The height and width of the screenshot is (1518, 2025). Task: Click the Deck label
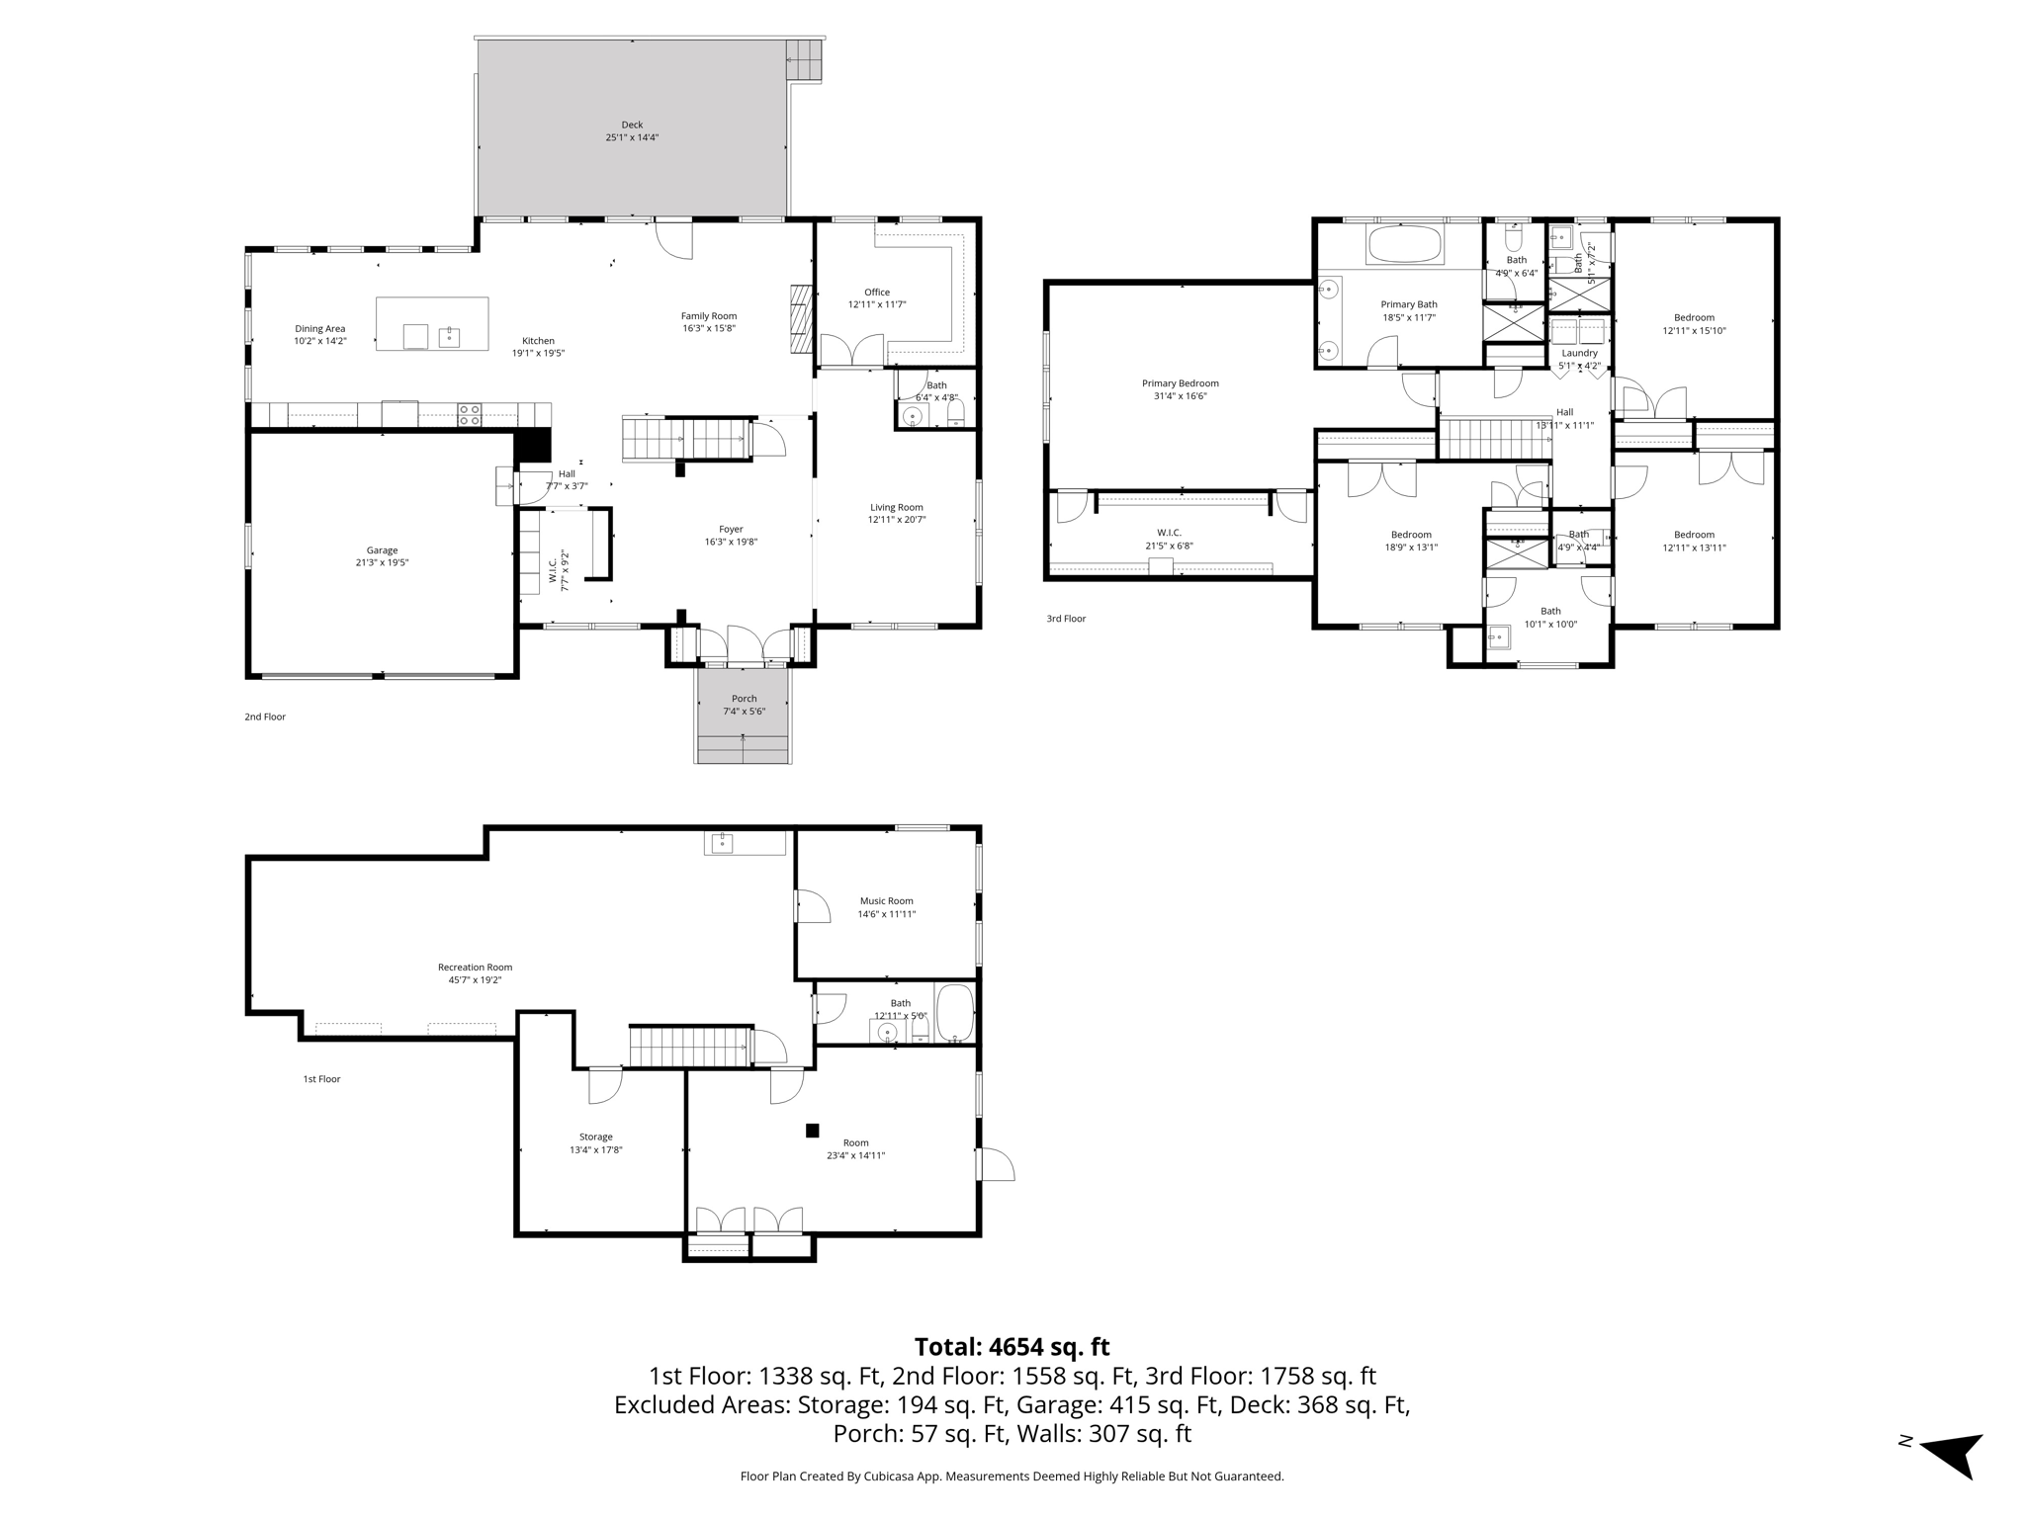(x=632, y=126)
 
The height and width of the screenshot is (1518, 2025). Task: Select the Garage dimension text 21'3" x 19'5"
(x=382, y=563)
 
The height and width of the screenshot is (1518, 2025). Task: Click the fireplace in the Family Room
(x=800, y=319)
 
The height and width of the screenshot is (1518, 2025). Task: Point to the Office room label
(x=876, y=293)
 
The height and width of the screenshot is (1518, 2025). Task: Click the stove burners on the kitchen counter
(x=469, y=414)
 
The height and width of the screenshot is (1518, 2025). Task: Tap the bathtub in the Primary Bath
(x=1404, y=244)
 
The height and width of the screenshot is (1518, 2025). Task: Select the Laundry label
(x=1579, y=353)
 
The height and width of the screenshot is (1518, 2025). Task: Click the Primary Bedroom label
(x=1180, y=383)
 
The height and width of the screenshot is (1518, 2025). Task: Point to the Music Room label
(x=886, y=901)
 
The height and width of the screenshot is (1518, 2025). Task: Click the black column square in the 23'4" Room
(x=813, y=1131)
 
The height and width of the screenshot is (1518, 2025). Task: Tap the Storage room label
(x=595, y=1138)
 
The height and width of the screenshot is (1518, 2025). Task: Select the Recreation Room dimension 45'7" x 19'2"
(x=475, y=980)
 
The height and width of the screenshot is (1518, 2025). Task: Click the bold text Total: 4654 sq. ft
(x=1012, y=1347)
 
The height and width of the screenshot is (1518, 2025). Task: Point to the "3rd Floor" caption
(x=1066, y=619)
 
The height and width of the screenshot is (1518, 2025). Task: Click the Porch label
(x=744, y=699)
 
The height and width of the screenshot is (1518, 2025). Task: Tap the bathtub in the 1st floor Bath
(x=954, y=1013)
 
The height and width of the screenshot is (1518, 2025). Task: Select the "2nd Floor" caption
(x=265, y=717)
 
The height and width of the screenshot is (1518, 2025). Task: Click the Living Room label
(x=896, y=507)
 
